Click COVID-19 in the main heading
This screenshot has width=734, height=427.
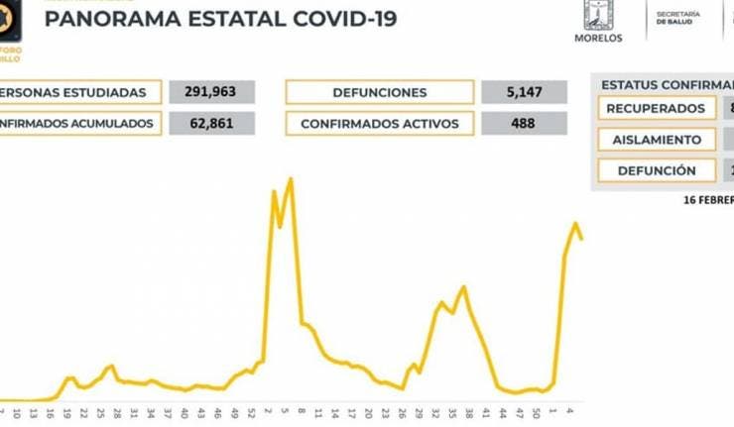[x=332, y=18]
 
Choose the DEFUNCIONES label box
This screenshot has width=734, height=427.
[x=380, y=93]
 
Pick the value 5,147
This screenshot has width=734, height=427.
[x=523, y=93]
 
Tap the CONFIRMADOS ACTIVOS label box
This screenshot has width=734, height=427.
[x=380, y=124]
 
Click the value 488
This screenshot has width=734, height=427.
[x=523, y=124]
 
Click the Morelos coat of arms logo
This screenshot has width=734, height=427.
[x=599, y=15]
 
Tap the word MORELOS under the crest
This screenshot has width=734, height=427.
[x=598, y=38]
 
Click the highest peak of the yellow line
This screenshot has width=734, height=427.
[x=291, y=179]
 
